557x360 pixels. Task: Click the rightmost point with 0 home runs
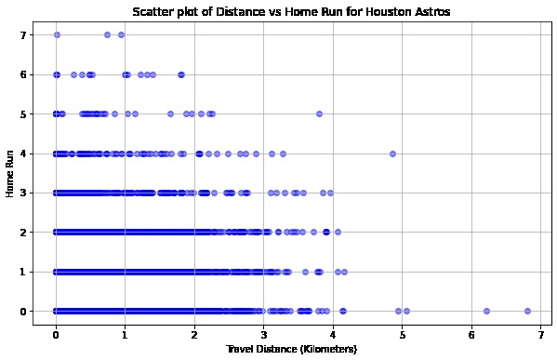pyautogui.click(x=527, y=311)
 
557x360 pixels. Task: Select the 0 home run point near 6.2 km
pyautogui.click(x=485, y=311)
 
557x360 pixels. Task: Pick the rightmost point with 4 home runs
pyautogui.click(x=392, y=153)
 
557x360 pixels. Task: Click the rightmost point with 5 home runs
pyautogui.click(x=319, y=113)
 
